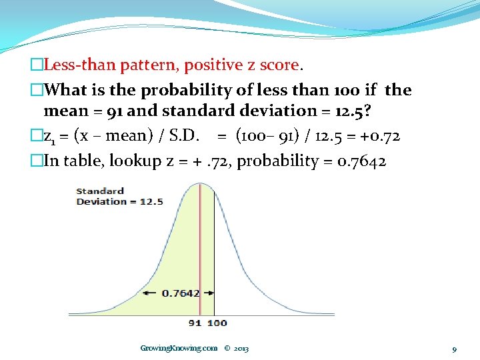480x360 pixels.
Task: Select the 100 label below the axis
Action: pyautogui.click(x=217, y=323)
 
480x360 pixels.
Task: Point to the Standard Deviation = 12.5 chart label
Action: pyautogui.click(x=119, y=197)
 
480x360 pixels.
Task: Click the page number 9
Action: pyautogui.click(x=454, y=349)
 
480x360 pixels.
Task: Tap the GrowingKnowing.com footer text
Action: pyautogui.click(x=179, y=348)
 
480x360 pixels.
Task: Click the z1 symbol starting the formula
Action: pyautogui.click(x=49, y=137)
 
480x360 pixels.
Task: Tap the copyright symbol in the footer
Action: pyautogui.click(x=227, y=348)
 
